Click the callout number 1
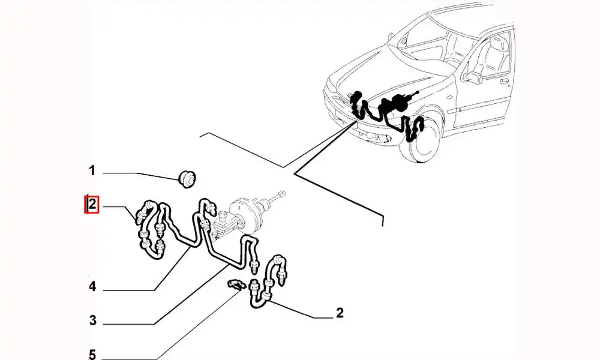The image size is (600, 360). point(92,170)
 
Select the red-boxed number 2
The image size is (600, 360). point(92,205)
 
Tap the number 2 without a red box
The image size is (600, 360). point(340,313)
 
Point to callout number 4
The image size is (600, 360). point(92,287)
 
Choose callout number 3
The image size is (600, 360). point(92,320)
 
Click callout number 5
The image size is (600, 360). point(92,354)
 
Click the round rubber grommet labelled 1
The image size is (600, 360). point(187,178)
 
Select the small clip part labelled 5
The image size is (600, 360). point(235,284)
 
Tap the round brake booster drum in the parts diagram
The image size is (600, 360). point(244,215)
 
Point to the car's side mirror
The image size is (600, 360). point(473,77)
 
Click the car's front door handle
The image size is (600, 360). point(504,81)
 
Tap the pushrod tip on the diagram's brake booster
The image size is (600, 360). point(283,193)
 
